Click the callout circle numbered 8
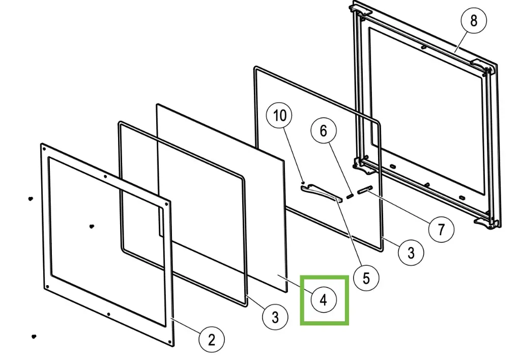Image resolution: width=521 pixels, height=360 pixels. tap(474, 21)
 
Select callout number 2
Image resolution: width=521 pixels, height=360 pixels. tap(211, 339)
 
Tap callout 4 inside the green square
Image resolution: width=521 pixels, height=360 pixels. tap(324, 300)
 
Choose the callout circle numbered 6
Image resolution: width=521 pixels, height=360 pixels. tap(324, 130)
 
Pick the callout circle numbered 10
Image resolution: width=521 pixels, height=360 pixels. tap(280, 115)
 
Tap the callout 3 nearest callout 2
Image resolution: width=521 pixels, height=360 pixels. tap(275, 317)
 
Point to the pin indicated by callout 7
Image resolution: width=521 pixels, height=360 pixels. tap(365, 190)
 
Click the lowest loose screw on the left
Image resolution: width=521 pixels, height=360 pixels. tap(34, 337)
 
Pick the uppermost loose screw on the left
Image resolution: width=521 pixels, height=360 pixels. tap(31, 198)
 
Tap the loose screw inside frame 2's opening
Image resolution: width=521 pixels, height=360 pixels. tap(91, 226)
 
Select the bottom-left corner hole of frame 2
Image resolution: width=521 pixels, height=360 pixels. tap(48, 288)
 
